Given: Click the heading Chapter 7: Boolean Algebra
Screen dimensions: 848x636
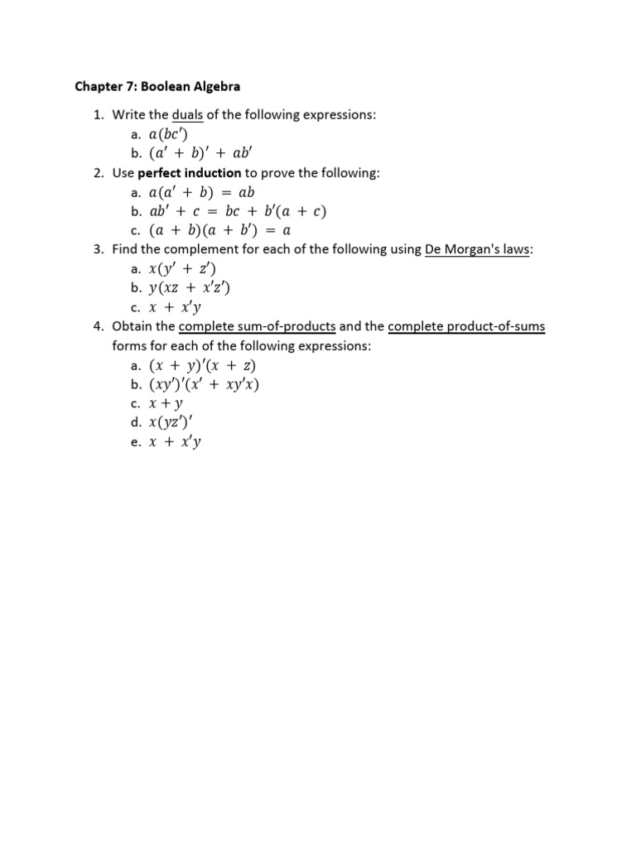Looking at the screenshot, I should [x=157, y=85].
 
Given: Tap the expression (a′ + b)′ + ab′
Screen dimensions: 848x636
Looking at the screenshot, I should [x=205, y=153].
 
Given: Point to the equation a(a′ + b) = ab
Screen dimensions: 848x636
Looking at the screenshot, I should [x=201, y=192].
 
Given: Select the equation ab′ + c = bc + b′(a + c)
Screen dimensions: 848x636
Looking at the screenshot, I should [x=232, y=211].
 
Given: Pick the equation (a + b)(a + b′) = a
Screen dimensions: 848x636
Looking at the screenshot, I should [x=219, y=230].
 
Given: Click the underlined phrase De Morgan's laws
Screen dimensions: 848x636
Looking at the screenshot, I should [x=477, y=249].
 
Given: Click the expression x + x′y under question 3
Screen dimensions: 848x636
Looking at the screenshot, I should [x=175, y=307].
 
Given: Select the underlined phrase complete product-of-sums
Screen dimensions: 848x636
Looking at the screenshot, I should [x=466, y=326].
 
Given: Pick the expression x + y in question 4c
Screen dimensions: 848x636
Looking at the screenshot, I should [x=166, y=403].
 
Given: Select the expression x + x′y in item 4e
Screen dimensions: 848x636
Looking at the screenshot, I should [x=175, y=442].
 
